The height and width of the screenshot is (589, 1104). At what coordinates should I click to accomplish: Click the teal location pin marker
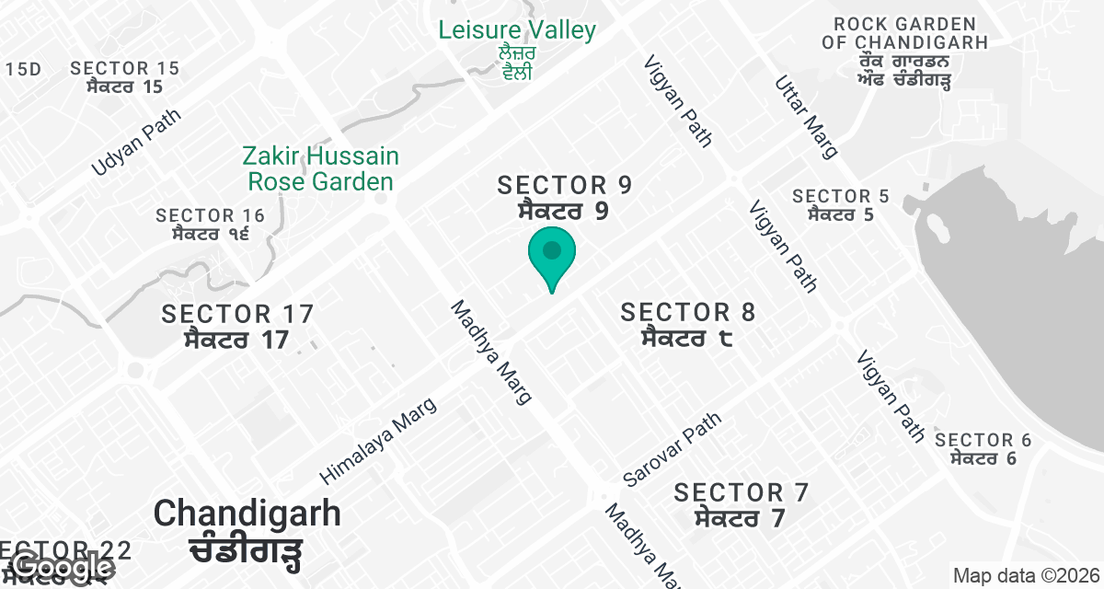click(x=551, y=255)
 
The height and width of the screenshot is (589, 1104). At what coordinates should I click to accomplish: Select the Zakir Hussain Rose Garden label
click(x=321, y=168)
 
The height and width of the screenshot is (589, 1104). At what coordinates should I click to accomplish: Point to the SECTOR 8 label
click(x=688, y=324)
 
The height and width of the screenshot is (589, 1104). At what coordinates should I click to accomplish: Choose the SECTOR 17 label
click(x=237, y=326)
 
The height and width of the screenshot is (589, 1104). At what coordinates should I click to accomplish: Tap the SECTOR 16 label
click(x=210, y=224)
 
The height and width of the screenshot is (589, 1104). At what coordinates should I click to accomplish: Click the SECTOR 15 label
click(x=125, y=77)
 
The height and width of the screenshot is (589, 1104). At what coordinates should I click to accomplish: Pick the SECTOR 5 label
click(x=841, y=204)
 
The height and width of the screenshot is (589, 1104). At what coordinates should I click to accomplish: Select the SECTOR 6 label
click(x=983, y=448)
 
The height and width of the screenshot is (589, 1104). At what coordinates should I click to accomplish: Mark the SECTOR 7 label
click(x=741, y=504)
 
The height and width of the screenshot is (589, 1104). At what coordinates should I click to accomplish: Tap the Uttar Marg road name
click(x=807, y=116)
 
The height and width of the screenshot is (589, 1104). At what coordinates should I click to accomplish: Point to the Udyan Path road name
click(x=136, y=143)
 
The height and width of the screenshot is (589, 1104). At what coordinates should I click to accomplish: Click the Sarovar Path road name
click(x=672, y=449)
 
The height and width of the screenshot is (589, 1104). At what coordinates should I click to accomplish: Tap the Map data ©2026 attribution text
click(x=1026, y=575)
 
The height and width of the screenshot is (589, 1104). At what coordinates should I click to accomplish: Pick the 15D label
click(x=24, y=69)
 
